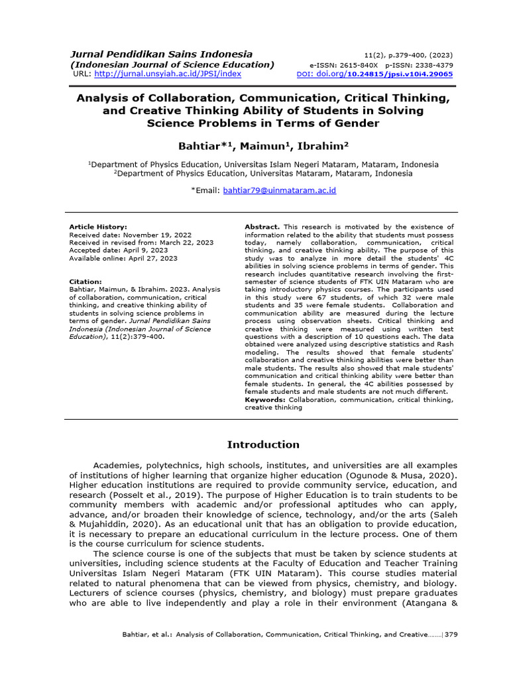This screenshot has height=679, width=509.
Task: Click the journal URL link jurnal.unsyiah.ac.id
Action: point(168,74)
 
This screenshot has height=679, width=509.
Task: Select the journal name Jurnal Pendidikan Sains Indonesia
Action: point(162,54)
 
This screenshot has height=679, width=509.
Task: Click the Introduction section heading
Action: point(263,444)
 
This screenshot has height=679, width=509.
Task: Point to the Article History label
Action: point(98,227)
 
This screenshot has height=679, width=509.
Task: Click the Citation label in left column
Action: point(85,282)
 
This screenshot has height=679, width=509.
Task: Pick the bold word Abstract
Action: point(262,227)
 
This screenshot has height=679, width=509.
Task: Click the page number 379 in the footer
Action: point(451,635)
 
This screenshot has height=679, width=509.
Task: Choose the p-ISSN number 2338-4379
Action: point(432,65)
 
